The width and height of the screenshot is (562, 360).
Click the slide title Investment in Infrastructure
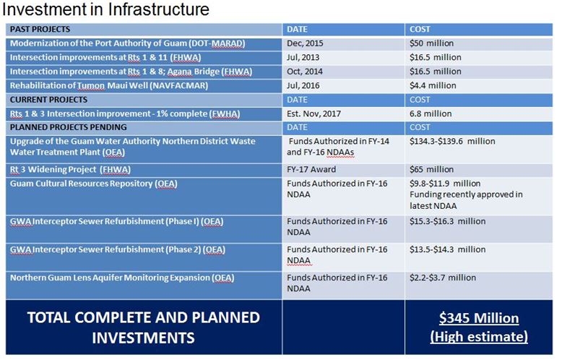(x=105, y=9)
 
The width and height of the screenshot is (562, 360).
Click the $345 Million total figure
(x=479, y=318)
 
